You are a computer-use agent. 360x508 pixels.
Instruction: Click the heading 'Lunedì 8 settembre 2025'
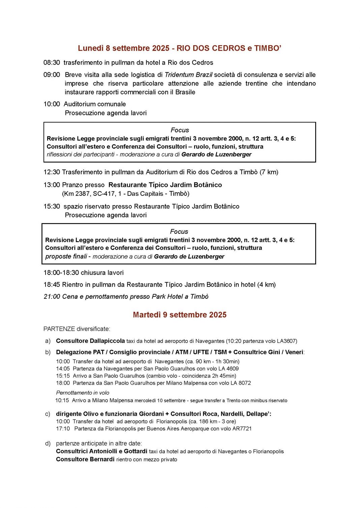pos(123,48)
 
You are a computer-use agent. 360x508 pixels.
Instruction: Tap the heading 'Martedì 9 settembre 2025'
pos(180,315)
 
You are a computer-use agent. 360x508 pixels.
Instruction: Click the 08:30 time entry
pos(52,63)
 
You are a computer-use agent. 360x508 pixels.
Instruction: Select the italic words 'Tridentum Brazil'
pos(188,75)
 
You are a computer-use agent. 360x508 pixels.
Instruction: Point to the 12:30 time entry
pos(52,172)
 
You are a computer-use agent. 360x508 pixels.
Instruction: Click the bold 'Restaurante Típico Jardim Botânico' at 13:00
pos(165,185)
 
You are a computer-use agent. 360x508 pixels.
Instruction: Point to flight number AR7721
pos(242,428)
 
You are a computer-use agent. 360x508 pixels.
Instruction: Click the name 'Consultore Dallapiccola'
pos(90,341)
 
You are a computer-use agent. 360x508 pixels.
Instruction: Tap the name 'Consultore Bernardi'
pos(85,459)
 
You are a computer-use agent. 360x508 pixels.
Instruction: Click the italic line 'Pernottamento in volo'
pos(83,393)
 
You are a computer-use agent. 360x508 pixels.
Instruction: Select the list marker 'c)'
pos(48,414)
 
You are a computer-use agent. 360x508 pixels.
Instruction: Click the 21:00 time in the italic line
pos(52,297)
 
